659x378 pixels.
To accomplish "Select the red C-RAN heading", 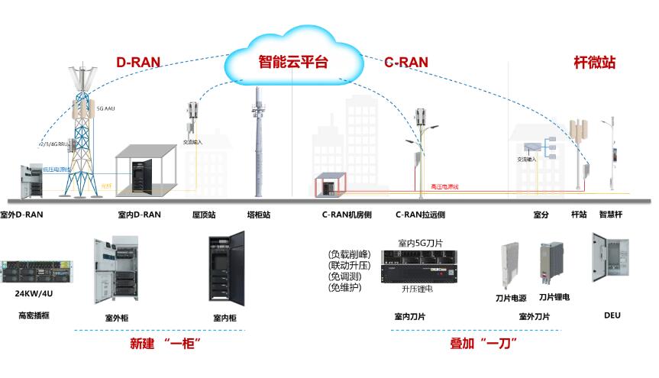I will click(405, 63).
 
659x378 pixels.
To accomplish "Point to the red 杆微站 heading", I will click(594, 63).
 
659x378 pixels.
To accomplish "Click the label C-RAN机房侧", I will click(347, 215).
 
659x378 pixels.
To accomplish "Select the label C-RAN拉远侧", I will click(421, 215).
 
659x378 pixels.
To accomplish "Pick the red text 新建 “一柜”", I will click(160, 344).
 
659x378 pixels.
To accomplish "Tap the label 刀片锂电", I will click(554, 296).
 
